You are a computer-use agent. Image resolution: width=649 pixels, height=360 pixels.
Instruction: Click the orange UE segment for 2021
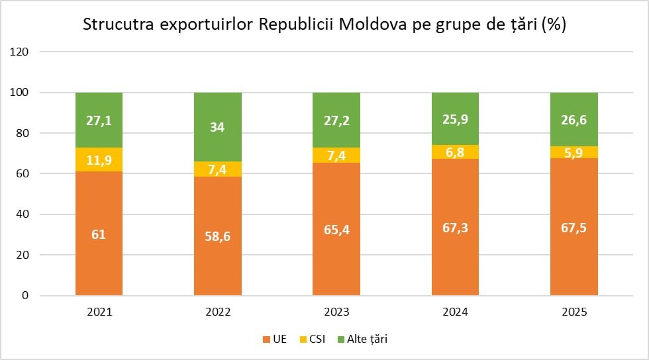pos(99,234)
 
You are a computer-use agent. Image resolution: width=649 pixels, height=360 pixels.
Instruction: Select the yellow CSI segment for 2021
pos(99,159)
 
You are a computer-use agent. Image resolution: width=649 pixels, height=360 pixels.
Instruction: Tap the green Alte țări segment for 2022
pos(218,127)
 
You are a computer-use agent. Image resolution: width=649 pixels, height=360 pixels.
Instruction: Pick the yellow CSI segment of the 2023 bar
pos(336,155)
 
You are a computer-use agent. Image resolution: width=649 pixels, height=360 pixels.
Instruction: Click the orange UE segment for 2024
pos(456,227)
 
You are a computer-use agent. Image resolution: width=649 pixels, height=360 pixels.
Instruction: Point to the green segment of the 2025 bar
pos(574,120)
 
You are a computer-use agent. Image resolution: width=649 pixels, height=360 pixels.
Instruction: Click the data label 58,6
pos(218,236)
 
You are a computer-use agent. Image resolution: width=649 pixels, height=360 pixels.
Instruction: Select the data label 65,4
pos(336,229)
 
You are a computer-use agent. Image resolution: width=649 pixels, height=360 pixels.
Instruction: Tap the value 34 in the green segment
pos(217,127)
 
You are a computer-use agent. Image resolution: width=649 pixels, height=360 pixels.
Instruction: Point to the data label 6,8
pos(455,153)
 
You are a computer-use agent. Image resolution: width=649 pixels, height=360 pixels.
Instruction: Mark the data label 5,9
pos(574,153)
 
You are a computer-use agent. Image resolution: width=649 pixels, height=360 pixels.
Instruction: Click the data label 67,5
pos(574,228)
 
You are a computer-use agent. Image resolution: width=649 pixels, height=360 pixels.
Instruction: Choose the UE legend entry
pos(275,339)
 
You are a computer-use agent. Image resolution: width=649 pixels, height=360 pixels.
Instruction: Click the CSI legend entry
pos(313,339)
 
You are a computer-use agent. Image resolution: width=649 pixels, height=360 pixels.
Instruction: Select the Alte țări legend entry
pos(363,339)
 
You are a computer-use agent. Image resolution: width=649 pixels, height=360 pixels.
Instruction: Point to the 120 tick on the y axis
pos(19,52)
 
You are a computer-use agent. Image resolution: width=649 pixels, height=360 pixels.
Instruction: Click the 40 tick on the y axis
pos(23,214)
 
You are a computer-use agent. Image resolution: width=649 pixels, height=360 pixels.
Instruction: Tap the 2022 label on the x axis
pos(218,312)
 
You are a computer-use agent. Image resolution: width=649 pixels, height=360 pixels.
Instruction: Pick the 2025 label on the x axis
pos(574,312)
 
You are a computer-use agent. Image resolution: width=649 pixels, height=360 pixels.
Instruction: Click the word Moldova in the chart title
pos(373,24)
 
